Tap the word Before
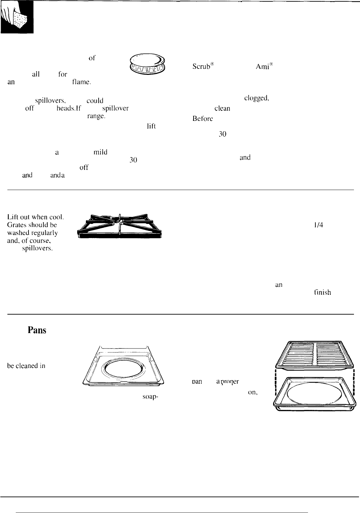tap(203, 118)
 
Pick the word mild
tap(100, 152)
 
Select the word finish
tap(322, 293)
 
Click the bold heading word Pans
tap(37, 330)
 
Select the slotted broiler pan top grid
tap(315, 355)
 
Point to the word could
tap(94, 100)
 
